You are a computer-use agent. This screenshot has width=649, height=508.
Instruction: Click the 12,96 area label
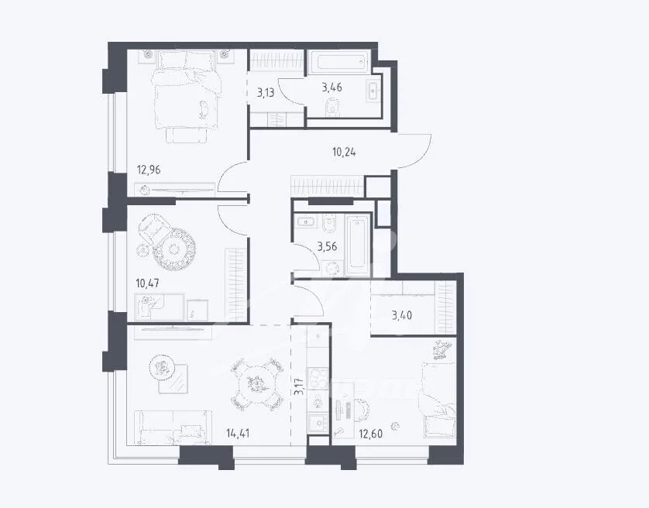[149, 170]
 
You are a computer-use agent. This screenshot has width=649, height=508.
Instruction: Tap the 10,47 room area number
[148, 283]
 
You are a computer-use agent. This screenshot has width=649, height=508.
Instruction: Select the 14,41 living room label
[238, 434]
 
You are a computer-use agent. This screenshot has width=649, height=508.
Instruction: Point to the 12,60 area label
[370, 434]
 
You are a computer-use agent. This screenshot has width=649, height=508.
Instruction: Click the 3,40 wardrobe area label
[402, 316]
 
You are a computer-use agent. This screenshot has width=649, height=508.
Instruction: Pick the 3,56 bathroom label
[327, 247]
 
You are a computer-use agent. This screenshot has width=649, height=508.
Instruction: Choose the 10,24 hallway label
[344, 153]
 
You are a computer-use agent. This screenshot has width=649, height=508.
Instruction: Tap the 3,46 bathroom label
[332, 88]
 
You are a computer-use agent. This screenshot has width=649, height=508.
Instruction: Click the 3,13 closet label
[266, 92]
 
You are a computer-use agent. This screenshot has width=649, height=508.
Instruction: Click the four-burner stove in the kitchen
[318, 378]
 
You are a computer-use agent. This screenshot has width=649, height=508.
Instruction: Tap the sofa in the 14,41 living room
[173, 427]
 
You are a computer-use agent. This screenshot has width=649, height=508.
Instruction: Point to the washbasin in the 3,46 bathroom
[373, 88]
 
